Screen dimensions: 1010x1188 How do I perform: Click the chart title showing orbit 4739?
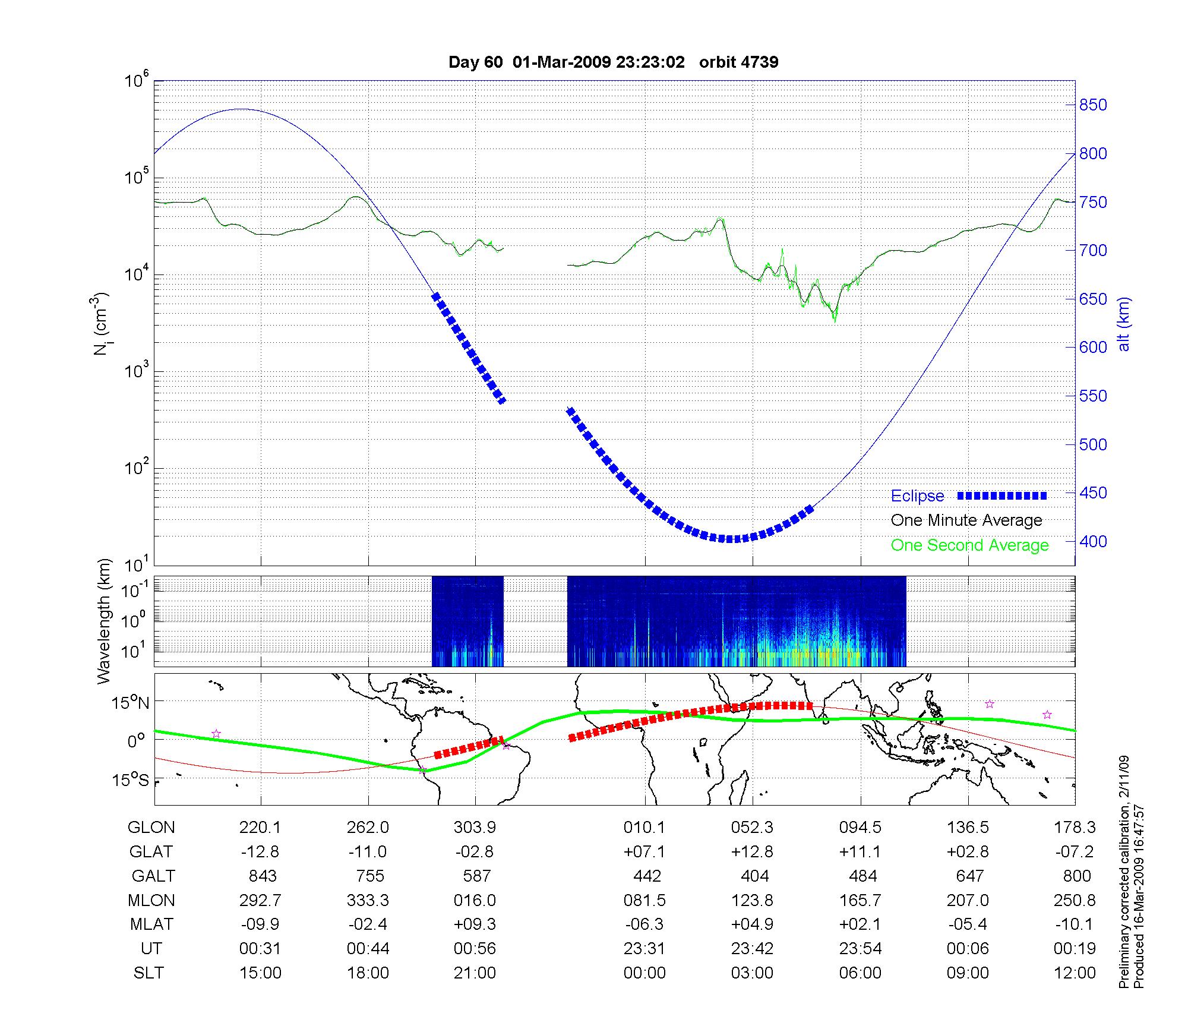(613, 62)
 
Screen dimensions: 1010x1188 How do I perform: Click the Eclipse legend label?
(917, 496)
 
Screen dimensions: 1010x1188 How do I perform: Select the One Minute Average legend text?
(966, 520)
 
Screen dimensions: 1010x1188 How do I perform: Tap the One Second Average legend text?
(969, 545)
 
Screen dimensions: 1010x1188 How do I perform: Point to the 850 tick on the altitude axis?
(1093, 105)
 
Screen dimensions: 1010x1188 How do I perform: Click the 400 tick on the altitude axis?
(1093, 541)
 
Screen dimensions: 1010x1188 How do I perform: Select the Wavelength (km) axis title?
(105, 621)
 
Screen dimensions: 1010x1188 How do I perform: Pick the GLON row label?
(151, 828)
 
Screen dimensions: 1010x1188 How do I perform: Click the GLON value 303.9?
(475, 828)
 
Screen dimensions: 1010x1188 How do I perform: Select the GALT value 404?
(755, 876)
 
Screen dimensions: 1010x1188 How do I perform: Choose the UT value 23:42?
(753, 949)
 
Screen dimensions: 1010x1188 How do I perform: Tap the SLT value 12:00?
(1076, 973)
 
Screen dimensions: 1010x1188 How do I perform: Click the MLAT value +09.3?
(475, 924)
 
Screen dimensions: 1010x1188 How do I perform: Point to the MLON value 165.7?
(860, 901)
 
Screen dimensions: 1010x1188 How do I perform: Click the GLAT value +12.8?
(753, 852)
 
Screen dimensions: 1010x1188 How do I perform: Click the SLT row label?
(148, 973)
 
